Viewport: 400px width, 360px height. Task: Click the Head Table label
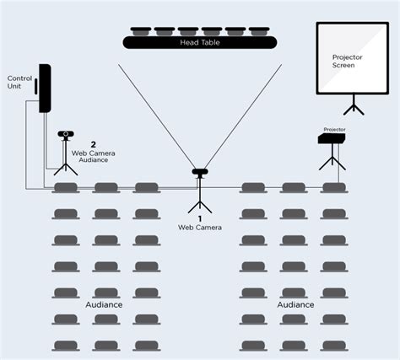[x=200, y=42]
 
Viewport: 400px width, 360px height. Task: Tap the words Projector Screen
[x=347, y=62]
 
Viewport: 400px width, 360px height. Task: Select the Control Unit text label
[x=19, y=82]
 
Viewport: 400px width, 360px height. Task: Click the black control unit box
[x=45, y=89]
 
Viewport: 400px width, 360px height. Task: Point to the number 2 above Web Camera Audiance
[x=93, y=144]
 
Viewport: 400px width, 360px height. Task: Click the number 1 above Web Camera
[x=200, y=218]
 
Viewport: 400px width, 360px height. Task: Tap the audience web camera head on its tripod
[x=66, y=134]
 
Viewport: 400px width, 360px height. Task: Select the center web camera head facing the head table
[x=200, y=171]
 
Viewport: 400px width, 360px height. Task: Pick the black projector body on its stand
[x=332, y=138]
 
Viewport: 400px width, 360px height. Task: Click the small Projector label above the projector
[x=334, y=130]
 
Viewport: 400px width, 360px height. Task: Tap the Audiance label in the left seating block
[x=104, y=304]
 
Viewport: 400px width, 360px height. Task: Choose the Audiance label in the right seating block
[x=295, y=304]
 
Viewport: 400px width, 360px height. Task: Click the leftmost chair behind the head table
[x=141, y=31]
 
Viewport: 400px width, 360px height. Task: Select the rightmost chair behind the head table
[x=259, y=31]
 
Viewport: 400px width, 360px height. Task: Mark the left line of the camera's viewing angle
[x=157, y=116]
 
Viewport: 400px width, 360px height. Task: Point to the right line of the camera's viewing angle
[x=243, y=116]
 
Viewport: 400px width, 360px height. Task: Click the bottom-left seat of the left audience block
[x=66, y=346]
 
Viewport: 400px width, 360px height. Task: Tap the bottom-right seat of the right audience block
[x=334, y=346]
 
